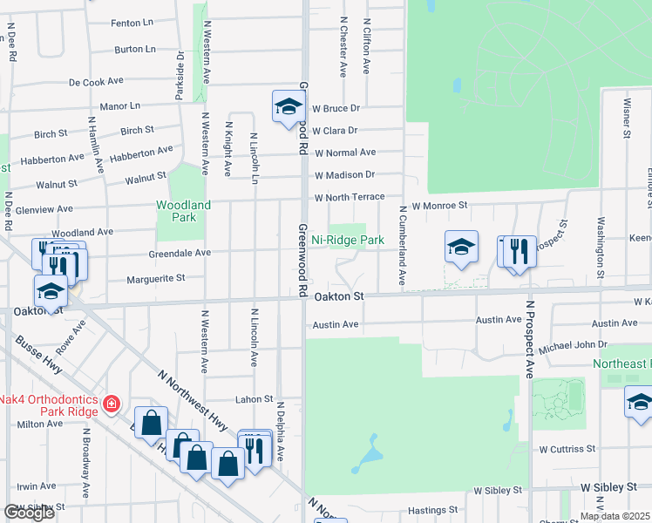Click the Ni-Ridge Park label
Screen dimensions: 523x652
click(348, 240)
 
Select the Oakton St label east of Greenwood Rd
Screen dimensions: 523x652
click(338, 296)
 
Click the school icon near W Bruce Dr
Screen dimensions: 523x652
click(287, 107)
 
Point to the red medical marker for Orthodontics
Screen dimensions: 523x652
click(111, 404)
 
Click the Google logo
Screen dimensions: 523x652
click(29, 513)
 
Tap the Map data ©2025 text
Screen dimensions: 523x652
click(615, 516)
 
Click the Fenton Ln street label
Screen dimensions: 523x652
click(133, 24)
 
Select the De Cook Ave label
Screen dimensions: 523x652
click(97, 83)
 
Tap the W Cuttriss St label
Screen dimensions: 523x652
click(567, 449)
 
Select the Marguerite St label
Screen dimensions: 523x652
click(156, 279)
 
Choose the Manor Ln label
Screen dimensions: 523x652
click(120, 106)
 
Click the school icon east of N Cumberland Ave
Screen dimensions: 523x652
click(461, 247)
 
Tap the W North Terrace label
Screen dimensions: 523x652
click(350, 197)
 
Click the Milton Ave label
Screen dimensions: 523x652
click(40, 424)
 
